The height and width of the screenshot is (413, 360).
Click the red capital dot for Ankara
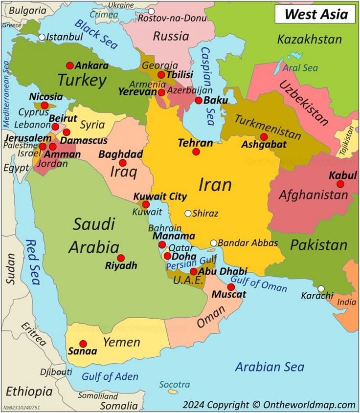(70, 65)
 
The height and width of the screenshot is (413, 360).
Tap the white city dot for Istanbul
(42, 37)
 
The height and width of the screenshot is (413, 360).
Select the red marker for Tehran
(196, 152)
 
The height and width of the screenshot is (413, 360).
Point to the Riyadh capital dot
(121, 258)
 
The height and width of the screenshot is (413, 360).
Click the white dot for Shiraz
(188, 213)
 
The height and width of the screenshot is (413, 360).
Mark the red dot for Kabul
(340, 184)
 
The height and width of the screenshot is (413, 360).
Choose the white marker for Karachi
(321, 289)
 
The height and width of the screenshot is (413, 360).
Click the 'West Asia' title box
(314, 14)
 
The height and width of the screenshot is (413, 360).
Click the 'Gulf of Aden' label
(110, 377)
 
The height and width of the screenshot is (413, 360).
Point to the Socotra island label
(175, 384)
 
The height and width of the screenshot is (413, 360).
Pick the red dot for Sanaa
(83, 344)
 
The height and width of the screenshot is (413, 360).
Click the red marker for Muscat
(231, 287)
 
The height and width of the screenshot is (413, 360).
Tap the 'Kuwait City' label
(160, 196)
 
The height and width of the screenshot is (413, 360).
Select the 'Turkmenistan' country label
(267, 126)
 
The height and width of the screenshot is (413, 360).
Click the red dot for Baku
(198, 100)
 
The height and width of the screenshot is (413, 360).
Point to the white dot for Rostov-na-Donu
(151, 11)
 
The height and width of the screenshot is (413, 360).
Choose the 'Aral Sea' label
(300, 68)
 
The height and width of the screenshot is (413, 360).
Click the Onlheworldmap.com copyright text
(269, 405)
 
